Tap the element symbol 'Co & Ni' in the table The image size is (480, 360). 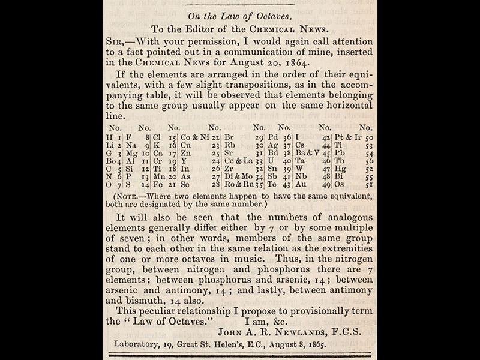pyautogui.click(x=195, y=137)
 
